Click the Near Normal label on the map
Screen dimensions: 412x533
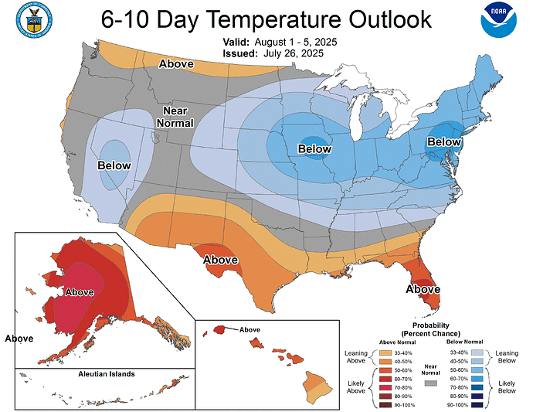tap(175, 117)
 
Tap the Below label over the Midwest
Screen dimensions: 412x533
tap(315, 149)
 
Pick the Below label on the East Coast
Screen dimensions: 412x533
tap(443, 142)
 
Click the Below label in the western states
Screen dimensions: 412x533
tap(114, 165)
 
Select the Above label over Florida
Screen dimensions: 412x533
tap(423, 289)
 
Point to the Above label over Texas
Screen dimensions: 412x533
tap(220, 260)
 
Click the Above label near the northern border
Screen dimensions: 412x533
tap(176, 64)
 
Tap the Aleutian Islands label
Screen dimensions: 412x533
tap(107, 374)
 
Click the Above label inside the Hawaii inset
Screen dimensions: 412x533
tap(250, 329)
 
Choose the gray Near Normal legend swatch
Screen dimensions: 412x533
tap(429, 383)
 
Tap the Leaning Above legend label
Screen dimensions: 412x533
tap(356, 355)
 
